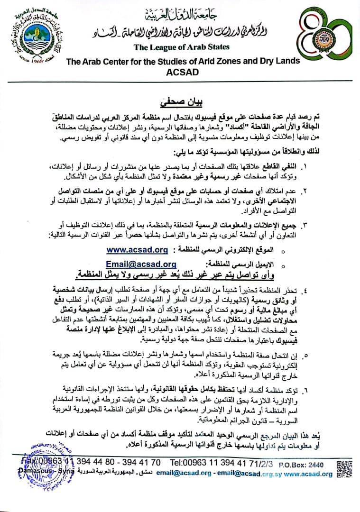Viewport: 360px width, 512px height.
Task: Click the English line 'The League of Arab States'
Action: click(182, 47)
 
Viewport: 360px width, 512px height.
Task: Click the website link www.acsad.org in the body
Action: click(138, 249)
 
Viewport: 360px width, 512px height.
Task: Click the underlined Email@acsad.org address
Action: click(141, 264)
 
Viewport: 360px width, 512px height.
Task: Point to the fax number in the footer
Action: click(90, 462)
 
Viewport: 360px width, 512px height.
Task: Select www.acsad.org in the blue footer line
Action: click(308, 473)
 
